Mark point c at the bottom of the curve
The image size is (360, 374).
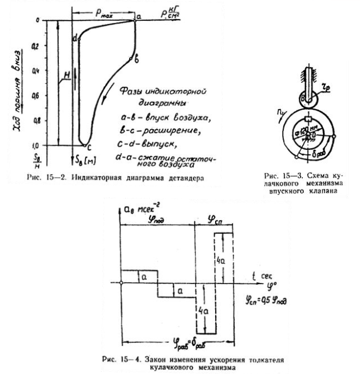coord(83,145)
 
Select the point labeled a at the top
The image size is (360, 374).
coord(135,20)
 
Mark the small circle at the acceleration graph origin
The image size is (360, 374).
coord(121,282)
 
